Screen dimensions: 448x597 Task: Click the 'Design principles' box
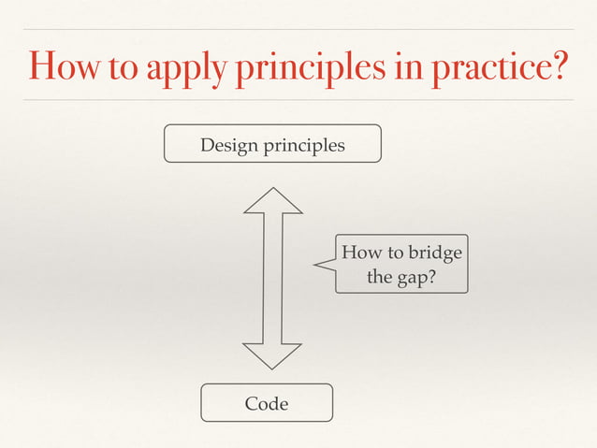pyautogui.click(x=272, y=144)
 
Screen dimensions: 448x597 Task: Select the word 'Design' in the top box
pyautogui.click(x=231, y=145)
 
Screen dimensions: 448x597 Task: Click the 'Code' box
pyautogui.click(x=267, y=403)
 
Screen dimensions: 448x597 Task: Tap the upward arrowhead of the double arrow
pyautogui.click(x=272, y=200)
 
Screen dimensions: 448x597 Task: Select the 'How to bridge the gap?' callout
pyautogui.click(x=401, y=265)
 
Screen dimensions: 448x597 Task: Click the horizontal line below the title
pyautogui.click(x=298, y=99)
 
